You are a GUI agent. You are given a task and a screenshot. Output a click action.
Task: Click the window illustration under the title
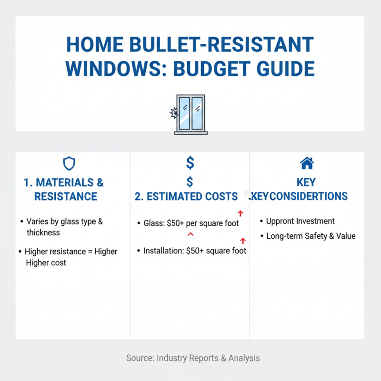(190, 114)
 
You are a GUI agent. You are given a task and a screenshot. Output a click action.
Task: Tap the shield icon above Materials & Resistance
(70, 164)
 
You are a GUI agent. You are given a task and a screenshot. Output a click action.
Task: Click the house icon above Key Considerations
(307, 163)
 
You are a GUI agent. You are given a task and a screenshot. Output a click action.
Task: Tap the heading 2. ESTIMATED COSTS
(186, 197)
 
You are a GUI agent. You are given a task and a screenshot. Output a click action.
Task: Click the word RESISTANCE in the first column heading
(66, 197)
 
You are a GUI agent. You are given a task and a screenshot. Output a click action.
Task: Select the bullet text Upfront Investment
(300, 221)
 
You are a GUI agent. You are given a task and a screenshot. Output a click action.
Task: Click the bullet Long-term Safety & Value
(311, 236)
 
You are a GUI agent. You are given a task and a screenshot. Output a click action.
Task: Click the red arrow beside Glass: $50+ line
(240, 213)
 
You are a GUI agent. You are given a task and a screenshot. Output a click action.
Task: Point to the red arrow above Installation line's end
(242, 241)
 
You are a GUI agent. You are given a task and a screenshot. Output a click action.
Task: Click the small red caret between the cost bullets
(190, 234)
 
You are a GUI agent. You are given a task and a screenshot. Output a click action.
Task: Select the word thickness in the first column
(43, 233)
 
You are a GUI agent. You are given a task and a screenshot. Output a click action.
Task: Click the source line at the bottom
(193, 358)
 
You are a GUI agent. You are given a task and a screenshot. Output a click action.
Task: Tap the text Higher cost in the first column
(46, 263)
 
